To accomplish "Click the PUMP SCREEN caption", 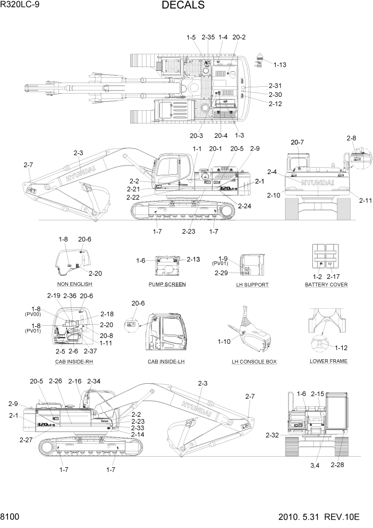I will (167, 284).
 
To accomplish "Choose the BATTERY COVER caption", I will (326, 284).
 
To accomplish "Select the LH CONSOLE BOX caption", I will (254, 361).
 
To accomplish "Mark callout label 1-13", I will (279, 65).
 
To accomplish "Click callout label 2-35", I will (208, 37).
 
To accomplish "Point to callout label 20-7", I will (298, 142).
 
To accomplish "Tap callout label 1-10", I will (225, 341).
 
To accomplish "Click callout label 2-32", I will (273, 435).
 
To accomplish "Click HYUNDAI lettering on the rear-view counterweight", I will (318, 183).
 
